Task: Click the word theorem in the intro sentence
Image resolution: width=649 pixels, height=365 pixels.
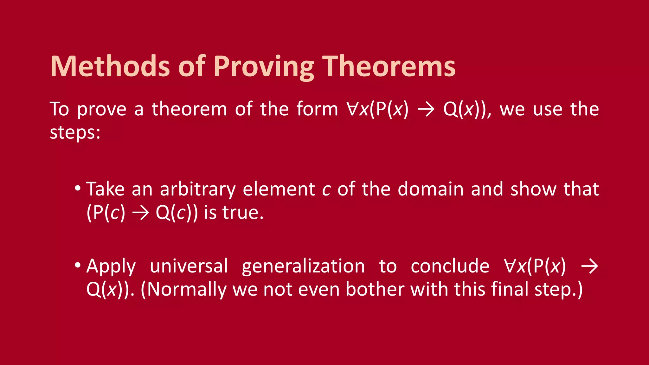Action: point(189,109)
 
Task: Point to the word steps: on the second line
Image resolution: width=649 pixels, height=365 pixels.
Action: point(75,132)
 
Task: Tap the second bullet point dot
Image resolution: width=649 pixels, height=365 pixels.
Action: point(78,266)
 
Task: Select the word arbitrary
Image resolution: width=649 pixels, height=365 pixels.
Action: point(198,189)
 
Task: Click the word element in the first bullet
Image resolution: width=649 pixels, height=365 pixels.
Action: point(279,189)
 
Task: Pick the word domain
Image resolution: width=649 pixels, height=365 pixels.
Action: point(431,189)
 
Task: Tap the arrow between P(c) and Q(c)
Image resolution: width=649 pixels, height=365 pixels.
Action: point(140,213)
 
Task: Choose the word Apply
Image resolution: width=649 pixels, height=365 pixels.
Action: point(111,266)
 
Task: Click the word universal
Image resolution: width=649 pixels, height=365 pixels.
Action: point(189,266)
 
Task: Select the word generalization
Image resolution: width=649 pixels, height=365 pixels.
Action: point(303,266)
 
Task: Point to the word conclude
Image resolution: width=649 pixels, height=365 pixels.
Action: point(450,266)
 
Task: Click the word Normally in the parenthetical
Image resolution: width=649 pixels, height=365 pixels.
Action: point(186,289)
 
